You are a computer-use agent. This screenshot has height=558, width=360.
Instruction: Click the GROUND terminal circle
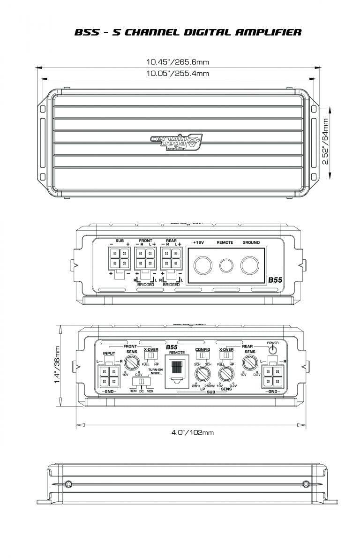point(250,265)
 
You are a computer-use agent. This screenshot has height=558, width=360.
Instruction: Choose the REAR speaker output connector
point(171,257)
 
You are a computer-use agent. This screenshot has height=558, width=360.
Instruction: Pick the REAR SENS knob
point(249,363)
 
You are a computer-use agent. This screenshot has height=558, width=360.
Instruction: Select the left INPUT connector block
point(108,376)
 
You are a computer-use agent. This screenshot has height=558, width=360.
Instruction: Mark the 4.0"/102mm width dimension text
point(192,432)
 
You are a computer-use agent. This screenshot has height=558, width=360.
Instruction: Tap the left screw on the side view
point(69,483)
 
